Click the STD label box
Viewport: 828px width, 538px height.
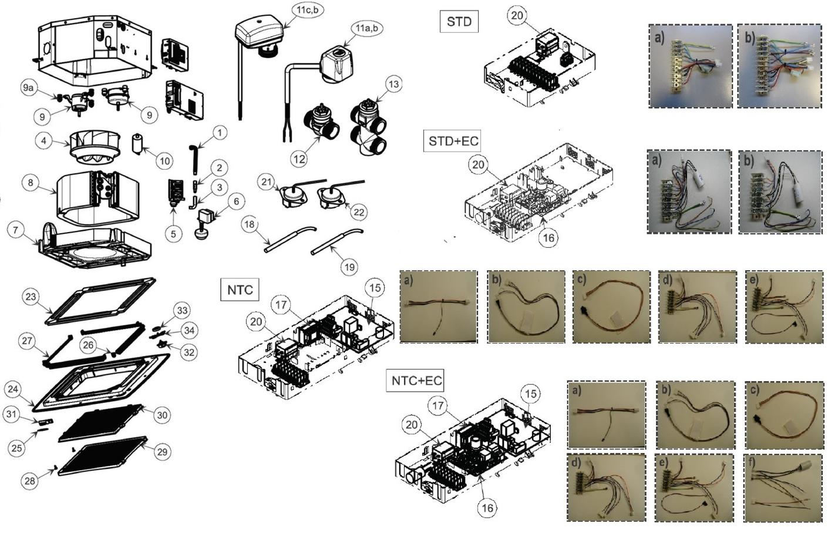pos(459,22)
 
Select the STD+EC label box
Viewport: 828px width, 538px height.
pos(453,141)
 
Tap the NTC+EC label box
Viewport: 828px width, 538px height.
pos(416,381)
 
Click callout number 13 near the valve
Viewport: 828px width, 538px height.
pos(393,84)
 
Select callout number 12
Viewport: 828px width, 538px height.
pos(299,159)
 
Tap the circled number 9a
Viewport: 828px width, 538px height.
pos(29,89)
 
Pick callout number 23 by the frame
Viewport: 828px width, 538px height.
pos(31,297)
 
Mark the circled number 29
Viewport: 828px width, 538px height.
pos(163,452)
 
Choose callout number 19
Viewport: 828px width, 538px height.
pos(349,267)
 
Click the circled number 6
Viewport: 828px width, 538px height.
pos(236,201)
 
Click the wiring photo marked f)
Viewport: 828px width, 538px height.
pos(777,488)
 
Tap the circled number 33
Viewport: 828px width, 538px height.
pos(182,310)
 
